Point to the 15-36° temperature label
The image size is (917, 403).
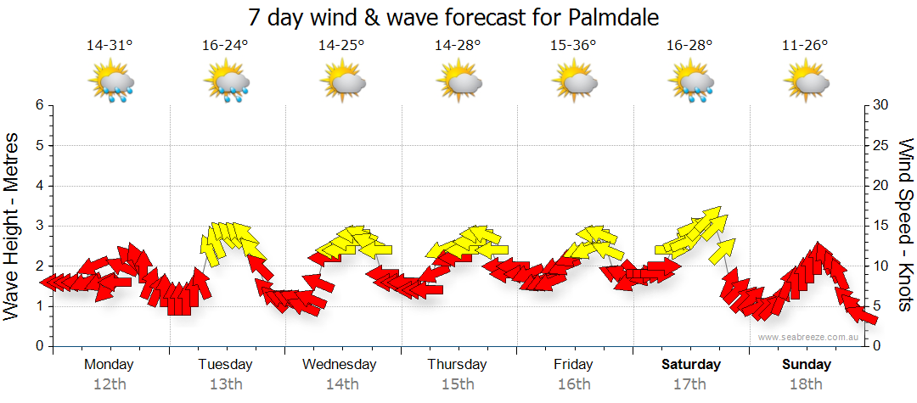click(x=573, y=46)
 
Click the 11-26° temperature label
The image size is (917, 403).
click(x=805, y=46)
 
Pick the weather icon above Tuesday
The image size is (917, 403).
click(x=226, y=82)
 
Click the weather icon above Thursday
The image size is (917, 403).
click(x=458, y=82)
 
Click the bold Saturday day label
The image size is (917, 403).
click(x=690, y=365)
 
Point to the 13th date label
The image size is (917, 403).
click(x=225, y=384)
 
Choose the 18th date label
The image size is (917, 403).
click(x=806, y=384)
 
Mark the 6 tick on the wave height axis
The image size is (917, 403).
click(x=39, y=105)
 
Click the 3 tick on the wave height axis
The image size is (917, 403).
click(x=39, y=226)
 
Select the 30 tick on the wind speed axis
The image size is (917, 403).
click(x=881, y=105)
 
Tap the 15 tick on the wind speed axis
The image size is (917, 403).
click(x=881, y=226)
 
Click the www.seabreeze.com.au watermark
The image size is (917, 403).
click(x=809, y=337)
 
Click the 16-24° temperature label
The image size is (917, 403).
click(x=225, y=46)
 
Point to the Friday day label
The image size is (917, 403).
click(x=573, y=365)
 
